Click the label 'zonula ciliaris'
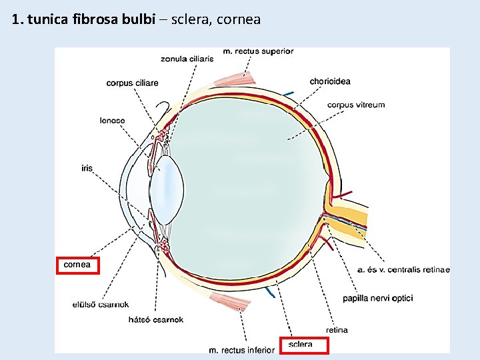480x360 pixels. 187,59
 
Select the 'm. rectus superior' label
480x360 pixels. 257,51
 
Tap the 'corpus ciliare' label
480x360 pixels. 132,83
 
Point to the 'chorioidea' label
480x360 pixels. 330,82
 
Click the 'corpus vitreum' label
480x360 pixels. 356,105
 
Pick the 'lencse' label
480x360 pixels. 112,121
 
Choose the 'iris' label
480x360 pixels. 87,169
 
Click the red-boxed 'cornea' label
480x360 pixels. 77,265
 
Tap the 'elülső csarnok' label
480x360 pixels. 101,305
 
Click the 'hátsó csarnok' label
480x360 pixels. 155,320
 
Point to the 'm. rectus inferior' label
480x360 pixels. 241,349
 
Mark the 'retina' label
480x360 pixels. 337,330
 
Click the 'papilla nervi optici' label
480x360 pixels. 378,298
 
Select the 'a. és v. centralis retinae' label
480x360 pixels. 403,270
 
